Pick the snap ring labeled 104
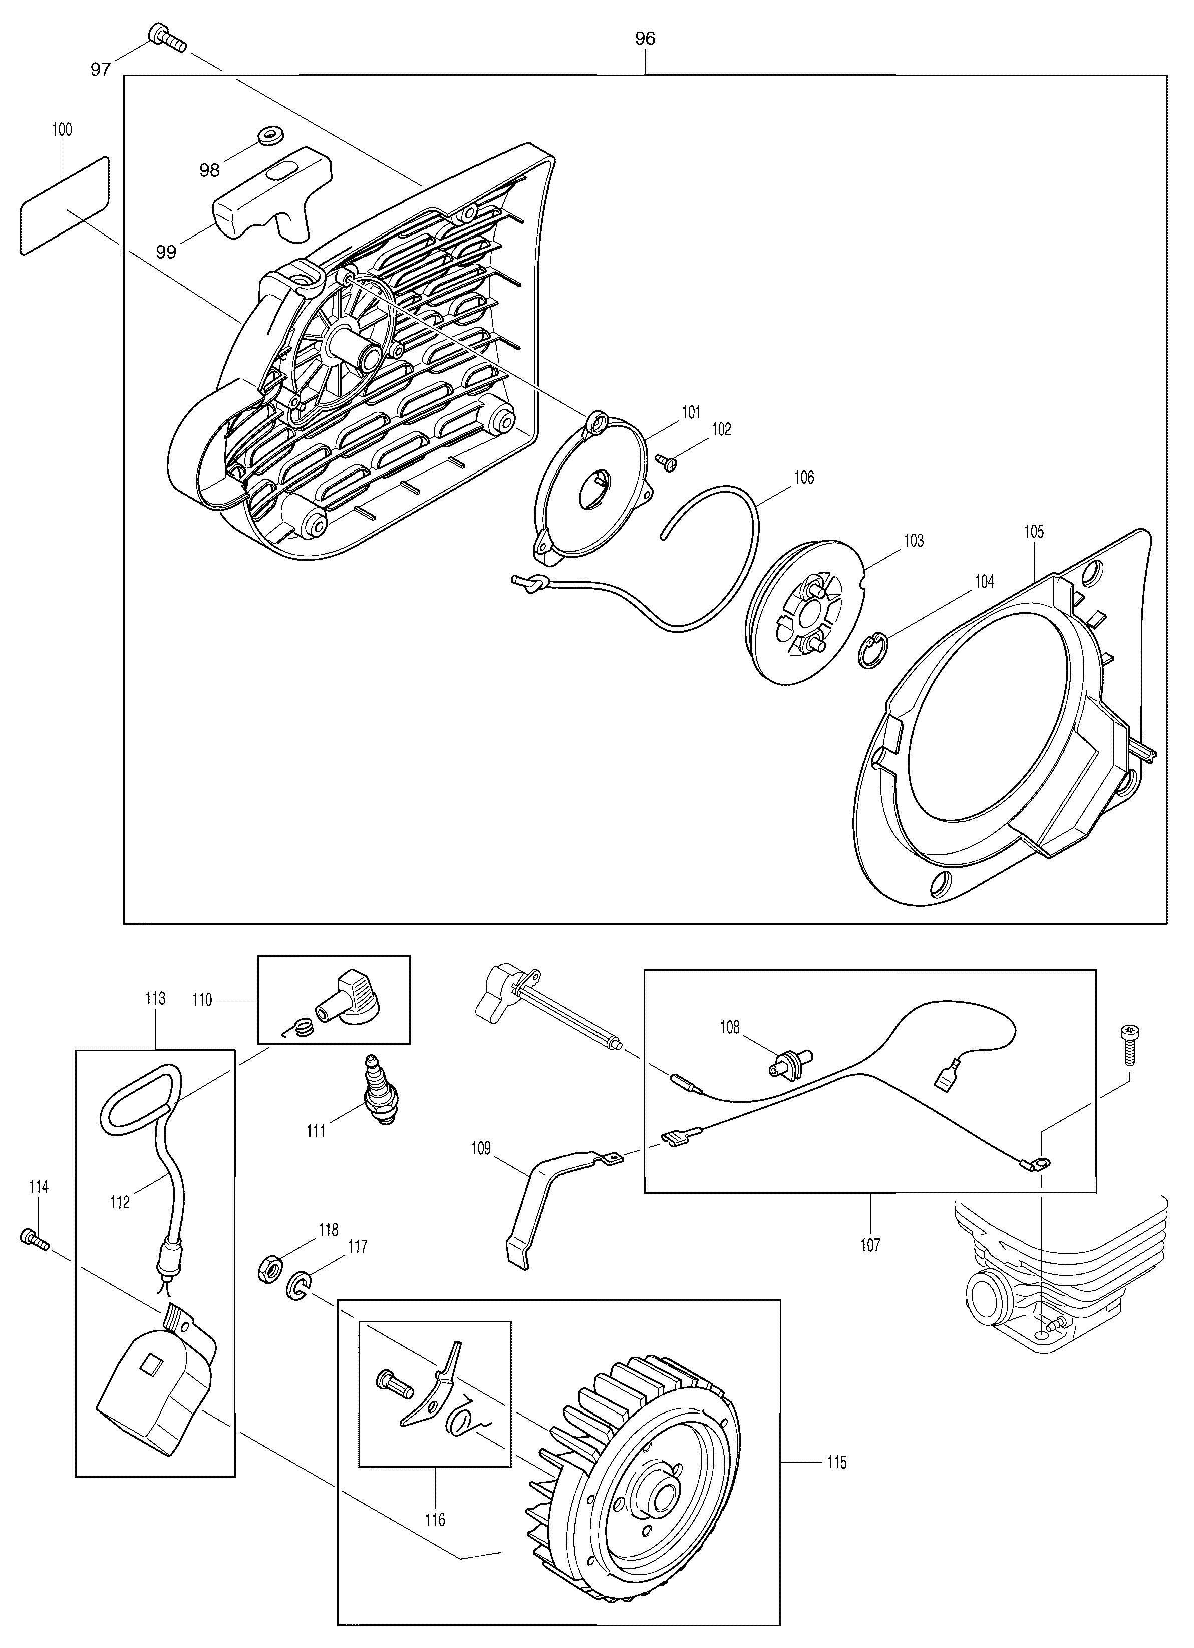pos(873,649)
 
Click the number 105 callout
pos(1034,532)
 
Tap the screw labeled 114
pos(34,1238)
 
